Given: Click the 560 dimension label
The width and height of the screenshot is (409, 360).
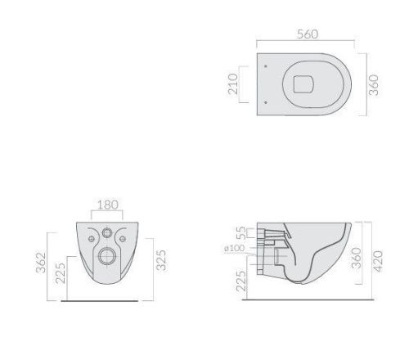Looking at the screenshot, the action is click(x=308, y=34).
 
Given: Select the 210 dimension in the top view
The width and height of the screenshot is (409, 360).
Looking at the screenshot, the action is click(x=233, y=84).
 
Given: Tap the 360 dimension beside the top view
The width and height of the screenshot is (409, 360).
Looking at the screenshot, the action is click(x=374, y=85).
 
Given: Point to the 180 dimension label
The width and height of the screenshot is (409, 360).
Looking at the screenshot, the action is click(x=108, y=205).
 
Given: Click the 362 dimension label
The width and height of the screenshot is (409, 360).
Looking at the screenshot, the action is click(x=41, y=263).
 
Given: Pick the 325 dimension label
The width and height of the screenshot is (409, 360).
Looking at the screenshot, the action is click(x=161, y=260).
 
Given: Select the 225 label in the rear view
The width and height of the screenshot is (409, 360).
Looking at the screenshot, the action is click(x=61, y=273).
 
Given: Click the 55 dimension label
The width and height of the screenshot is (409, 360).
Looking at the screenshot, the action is click(x=241, y=233).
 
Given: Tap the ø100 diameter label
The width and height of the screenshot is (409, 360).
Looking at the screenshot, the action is click(x=235, y=249).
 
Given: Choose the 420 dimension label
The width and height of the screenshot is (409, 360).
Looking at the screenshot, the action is click(x=378, y=261).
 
